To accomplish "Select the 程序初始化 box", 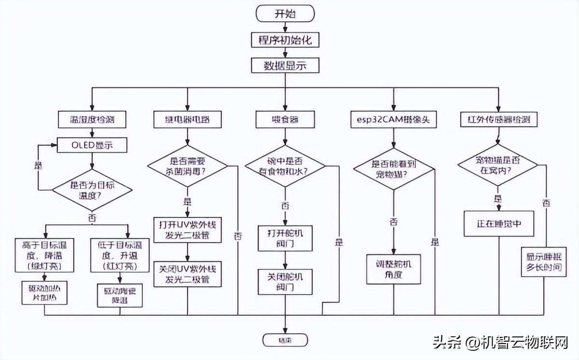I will pos(285,40).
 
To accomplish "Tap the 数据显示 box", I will pos(285,65).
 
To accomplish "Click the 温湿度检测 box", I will pos(92,118).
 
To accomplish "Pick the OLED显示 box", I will pos(92,144).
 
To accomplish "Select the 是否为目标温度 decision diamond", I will pos(92,190).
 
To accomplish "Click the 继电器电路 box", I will pos(187,118).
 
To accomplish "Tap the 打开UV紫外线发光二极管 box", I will pos(187,230).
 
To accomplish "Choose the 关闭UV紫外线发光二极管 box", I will pos(187,274).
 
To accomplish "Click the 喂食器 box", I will pos(285,118).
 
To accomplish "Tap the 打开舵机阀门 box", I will pos(285,238).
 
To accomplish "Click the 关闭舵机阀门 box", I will pos(285,281).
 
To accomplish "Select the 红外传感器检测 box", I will pos(499,118).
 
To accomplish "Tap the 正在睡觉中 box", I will pos(499,223).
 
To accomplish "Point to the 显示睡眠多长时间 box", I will pos(543,262).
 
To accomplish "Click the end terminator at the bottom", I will pos(285,339).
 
